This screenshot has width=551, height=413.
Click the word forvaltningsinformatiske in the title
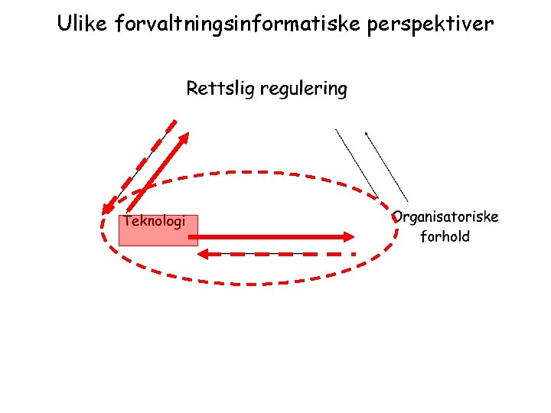point(238,24)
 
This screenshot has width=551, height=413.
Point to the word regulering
point(303,89)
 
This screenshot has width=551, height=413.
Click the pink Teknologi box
point(158,234)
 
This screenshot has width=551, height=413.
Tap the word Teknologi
point(154,221)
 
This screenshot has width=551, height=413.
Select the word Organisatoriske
point(445,216)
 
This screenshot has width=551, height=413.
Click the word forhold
point(445,236)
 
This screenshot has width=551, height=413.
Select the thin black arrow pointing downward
point(357,163)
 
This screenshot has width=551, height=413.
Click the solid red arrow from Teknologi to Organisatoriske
point(275,237)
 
